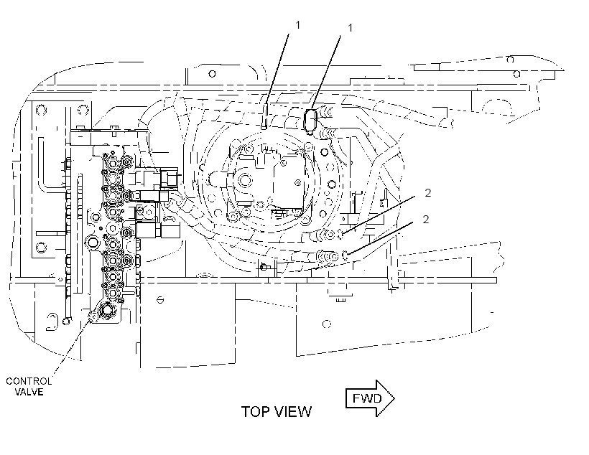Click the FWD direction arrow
(x=370, y=398)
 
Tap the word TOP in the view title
(x=255, y=412)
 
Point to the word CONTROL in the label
(x=29, y=381)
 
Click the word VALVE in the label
(x=29, y=393)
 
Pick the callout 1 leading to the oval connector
(x=351, y=28)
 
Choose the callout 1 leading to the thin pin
(x=298, y=25)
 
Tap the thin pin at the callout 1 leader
(x=264, y=116)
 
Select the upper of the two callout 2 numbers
(x=428, y=193)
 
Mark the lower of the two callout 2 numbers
(x=426, y=219)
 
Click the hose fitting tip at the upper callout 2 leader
(x=341, y=234)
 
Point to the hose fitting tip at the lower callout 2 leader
(x=345, y=255)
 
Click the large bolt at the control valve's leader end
(x=107, y=310)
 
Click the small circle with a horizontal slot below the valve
(x=160, y=300)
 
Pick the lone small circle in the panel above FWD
(x=327, y=324)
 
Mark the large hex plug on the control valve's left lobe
(x=93, y=241)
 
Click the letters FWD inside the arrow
(x=367, y=398)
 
